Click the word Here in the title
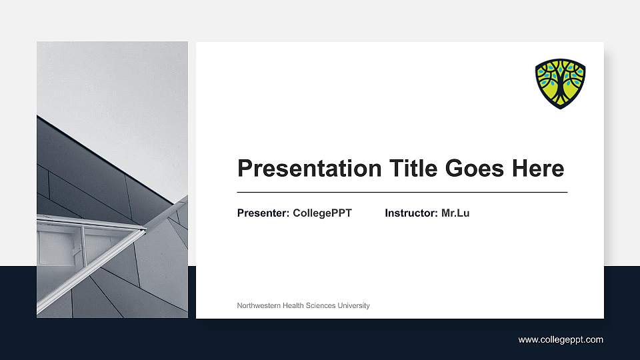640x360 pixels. [x=538, y=169]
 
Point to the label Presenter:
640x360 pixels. [x=263, y=213]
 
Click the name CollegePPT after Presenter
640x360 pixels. [x=322, y=213]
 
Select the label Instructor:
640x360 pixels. [x=411, y=213]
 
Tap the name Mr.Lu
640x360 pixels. [x=455, y=213]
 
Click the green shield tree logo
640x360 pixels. [x=560, y=83]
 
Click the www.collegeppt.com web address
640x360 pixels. [x=561, y=340]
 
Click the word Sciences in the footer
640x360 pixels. [x=321, y=305]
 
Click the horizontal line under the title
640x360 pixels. [x=402, y=192]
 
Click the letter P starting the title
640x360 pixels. [x=245, y=169]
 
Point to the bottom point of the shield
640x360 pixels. [x=560, y=108]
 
